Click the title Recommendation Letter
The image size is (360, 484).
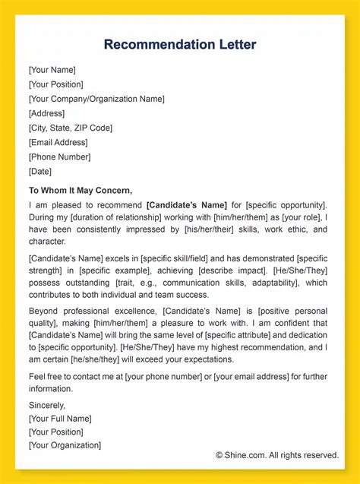pos(180,45)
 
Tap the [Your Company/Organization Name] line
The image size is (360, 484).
pos(96,99)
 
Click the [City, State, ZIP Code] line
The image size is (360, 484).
pos(71,128)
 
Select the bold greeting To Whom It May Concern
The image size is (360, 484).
pos(81,191)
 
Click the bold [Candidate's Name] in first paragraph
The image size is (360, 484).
pos(187,205)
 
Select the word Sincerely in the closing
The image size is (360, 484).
pos(47,406)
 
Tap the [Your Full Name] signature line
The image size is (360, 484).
pos(60,419)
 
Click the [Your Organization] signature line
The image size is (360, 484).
pos(65,445)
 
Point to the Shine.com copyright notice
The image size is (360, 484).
pos(276,455)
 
